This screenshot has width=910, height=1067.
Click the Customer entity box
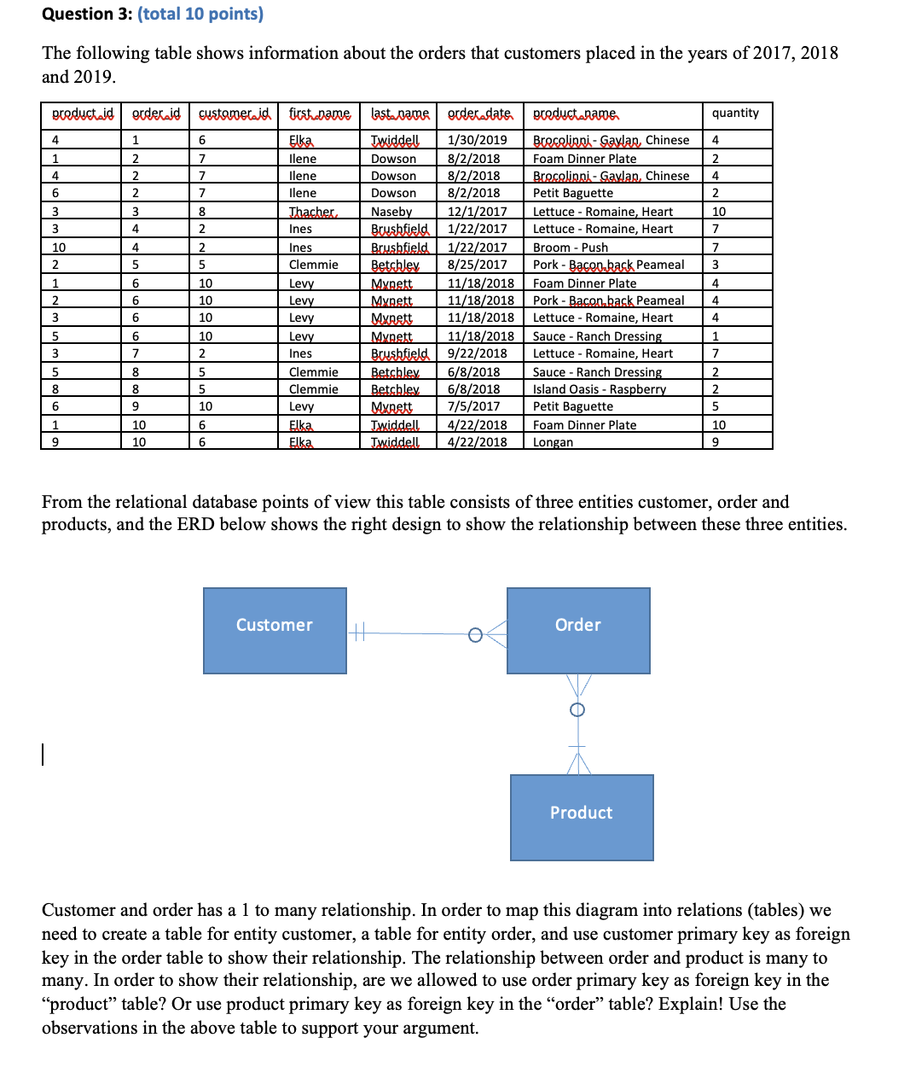[275, 630]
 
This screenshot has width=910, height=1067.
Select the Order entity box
[578, 630]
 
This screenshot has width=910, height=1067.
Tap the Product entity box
[582, 817]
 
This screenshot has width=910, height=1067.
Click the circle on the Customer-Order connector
[476, 634]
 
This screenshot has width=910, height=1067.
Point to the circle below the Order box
[577, 709]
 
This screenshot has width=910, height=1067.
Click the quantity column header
[735, 114]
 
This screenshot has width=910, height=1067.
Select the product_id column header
[82, 114]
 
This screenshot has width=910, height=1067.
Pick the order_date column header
[479, 114]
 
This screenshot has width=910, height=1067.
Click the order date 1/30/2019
[477, 140]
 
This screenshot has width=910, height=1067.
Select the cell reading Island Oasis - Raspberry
[600, 389]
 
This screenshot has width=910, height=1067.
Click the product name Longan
[553, 442]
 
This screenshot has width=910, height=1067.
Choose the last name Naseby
[391, 212]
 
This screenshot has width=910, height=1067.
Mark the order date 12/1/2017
[477, 212]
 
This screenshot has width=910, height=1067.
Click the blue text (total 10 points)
[200, 15]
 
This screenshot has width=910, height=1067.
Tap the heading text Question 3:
[87, 15]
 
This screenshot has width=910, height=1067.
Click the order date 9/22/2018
[477, 353]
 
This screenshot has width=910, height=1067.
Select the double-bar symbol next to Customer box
[359, 633]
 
